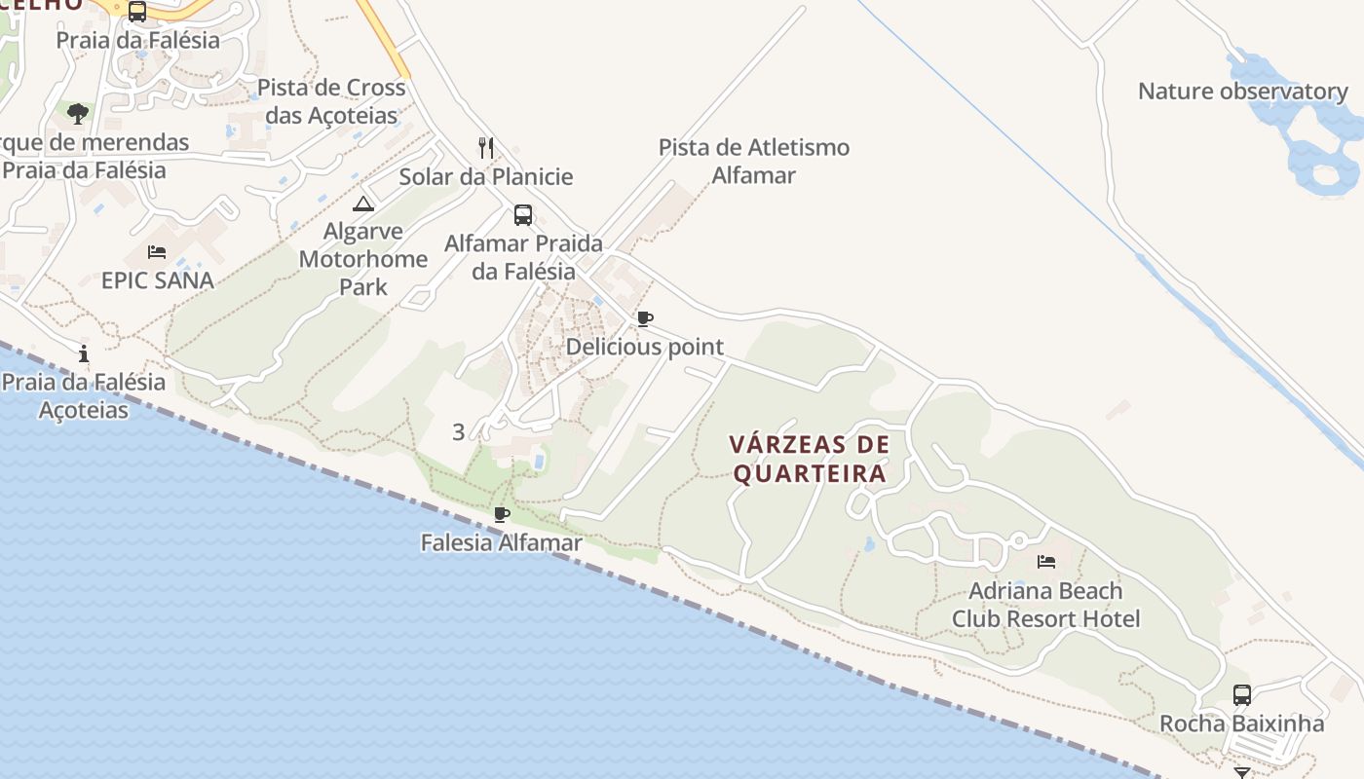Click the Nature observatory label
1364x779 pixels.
coord(1242,92)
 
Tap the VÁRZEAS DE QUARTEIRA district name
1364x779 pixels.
coord(810,459)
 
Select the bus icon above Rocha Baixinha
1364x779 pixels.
coord(1242,695)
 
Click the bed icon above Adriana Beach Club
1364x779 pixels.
coord(1046,562)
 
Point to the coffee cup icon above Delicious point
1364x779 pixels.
coord(644,318)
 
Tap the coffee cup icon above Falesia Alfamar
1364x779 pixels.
coord(502,514)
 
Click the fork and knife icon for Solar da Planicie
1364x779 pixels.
coord(486,148)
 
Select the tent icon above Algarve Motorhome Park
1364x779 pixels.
coord(363,204)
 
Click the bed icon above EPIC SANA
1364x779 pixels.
coord(157,252)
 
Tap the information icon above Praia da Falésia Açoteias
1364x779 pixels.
coord(84,353)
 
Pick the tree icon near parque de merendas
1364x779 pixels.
coord(78,114)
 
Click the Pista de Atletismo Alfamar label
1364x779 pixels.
coord(754,161)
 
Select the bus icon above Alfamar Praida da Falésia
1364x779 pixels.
coord(523,215)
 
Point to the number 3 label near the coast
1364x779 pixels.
coord(458,432)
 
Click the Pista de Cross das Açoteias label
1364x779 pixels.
coord(331,101)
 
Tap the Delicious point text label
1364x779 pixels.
coord(644,347)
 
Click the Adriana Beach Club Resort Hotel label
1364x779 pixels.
coord(1045,605)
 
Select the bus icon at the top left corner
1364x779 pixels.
coord(137,12)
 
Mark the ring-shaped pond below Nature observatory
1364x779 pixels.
coord(1326,177)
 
